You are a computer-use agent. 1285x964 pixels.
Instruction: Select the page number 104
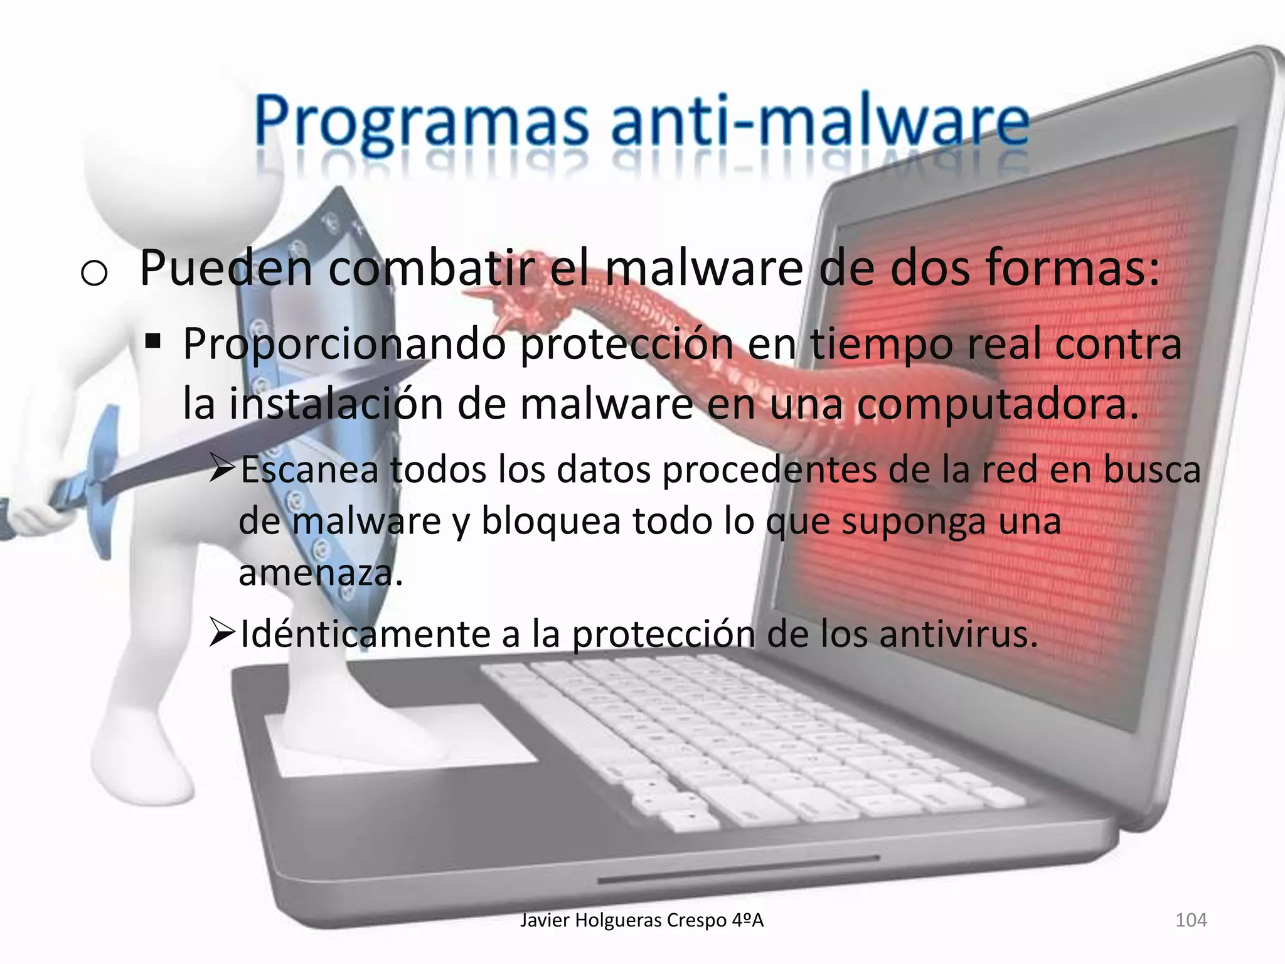1190,920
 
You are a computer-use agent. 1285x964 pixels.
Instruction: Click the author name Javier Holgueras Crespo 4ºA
642,920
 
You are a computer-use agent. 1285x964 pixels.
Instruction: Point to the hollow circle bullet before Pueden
94,274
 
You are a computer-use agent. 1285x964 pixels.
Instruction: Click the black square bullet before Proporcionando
152,343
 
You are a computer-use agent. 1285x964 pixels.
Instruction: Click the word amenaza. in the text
320,572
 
